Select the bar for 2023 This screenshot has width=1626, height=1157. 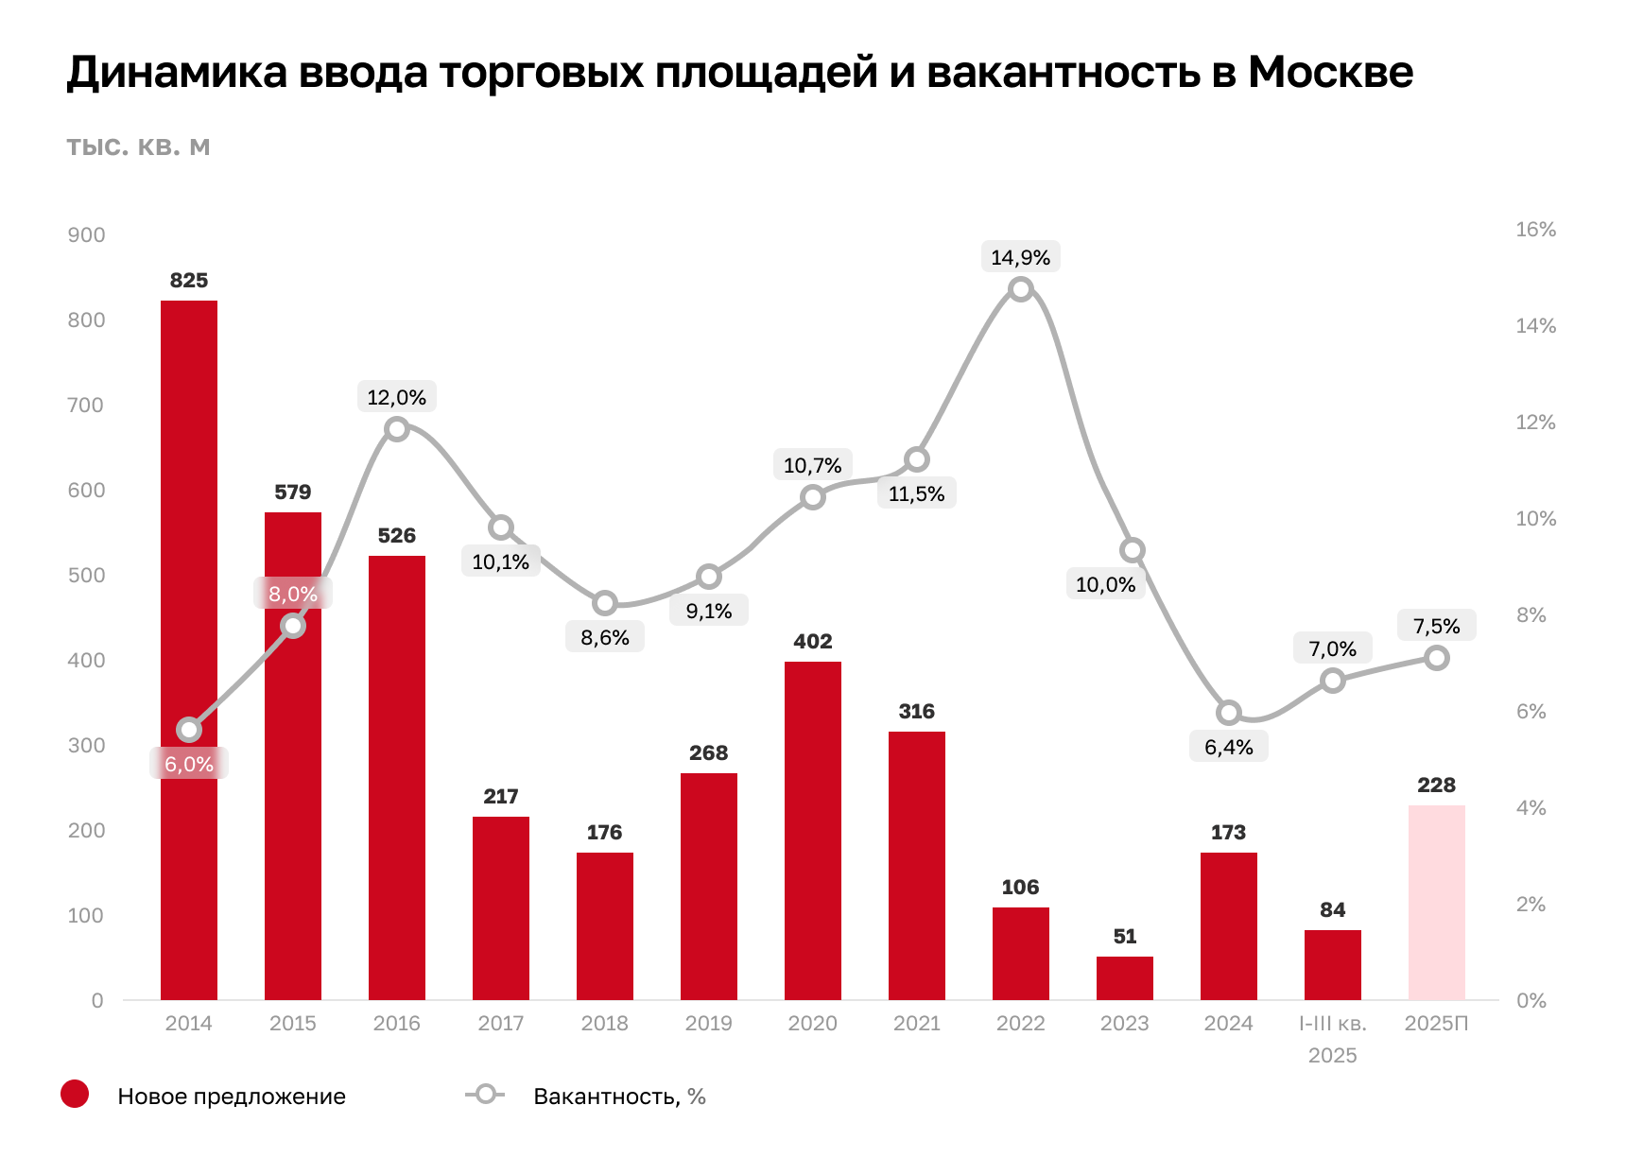pyautogui.click(x=1125, y=978)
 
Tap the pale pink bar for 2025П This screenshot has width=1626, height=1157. pyautogui.click(x=1436, y=903)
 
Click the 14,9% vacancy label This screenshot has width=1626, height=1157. pyautogui.click(x=1020, y=257)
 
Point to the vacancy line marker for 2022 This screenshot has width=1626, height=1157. pyautogui.click(x=1020, y=289)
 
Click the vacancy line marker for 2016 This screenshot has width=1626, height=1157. pyautogui.click(x=397, y=429)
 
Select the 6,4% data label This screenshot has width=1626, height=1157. pyautogui.click(x=1228, y=748)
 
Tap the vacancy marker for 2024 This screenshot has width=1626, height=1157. pyautogui.click(x=1228, y=713)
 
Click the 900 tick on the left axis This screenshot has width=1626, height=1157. pyautogui.click(x=86, y=235)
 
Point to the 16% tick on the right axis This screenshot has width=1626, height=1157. pyautogui.click(x=1535, y=230)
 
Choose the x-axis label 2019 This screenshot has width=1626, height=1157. pyautogui.click(x=708, y=1024)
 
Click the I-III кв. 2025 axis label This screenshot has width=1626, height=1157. pyautogui.click(x=1332, y=1039)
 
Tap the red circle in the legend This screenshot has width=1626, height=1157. pyautogui.click(x=75, y=1095)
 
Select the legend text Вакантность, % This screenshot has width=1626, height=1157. pyautogui.click(x=619, y=1097)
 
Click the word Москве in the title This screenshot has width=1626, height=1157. pyautogui.click(x=1330, y=72)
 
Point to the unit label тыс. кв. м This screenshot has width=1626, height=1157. pyautogui.click(x=138, y=147)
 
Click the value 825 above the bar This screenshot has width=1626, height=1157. pyautogui.click(x=189, y=281)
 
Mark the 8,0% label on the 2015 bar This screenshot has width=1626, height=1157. pyautogui.click(x=293, y=594)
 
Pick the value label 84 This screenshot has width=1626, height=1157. pyautogui.click(x=1332, y=910)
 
